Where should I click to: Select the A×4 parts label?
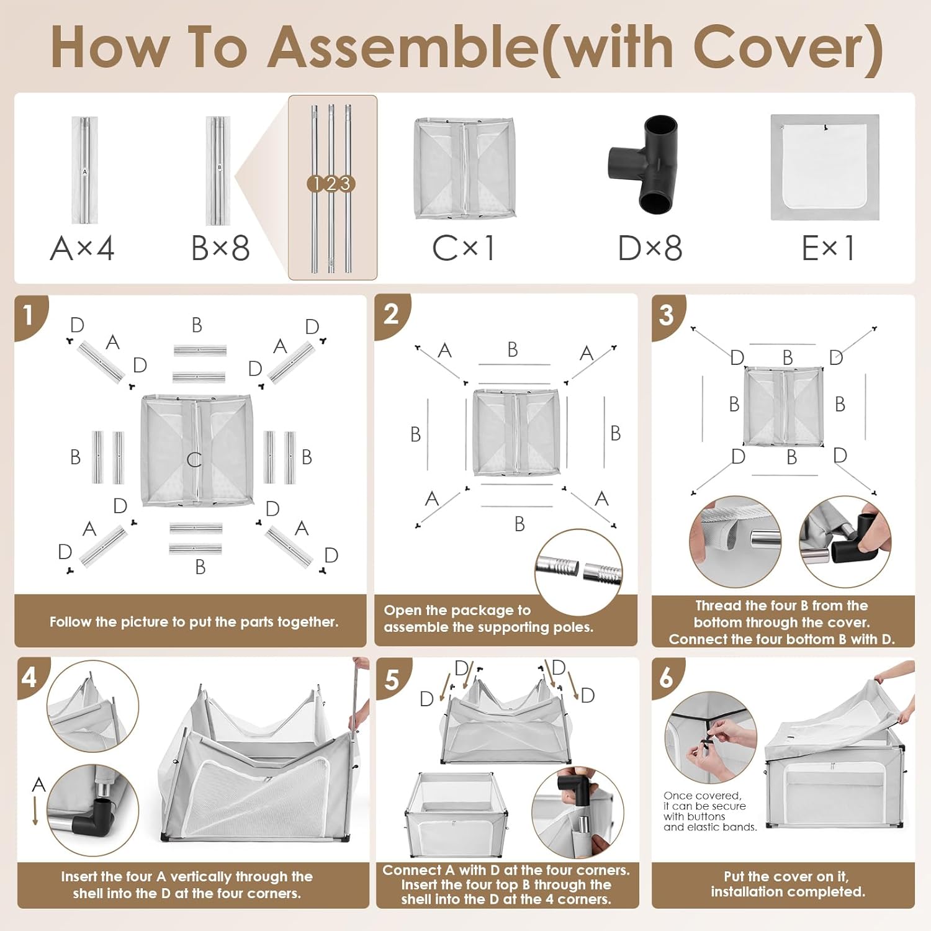(x=82, y=248)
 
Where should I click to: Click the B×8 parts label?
(x=220, y=248)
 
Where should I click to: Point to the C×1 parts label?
(x=463, y=248)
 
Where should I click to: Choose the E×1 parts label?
(x=828, y=248)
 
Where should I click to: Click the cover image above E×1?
(x=825, y=167)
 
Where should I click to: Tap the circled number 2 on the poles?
(x=331, y=184)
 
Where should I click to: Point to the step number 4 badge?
(x=31, y=677)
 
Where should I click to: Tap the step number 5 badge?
(x=393, y=679)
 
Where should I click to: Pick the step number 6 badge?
(x=667, y=678)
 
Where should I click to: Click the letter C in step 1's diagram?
(x=194, y=459)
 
